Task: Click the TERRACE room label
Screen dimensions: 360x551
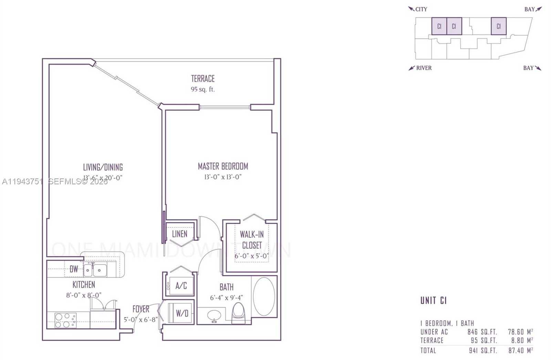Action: [x=203, y=79]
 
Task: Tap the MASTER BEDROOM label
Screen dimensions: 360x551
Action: [x=223, y=167]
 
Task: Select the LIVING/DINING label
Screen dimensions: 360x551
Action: [x=103, y=167]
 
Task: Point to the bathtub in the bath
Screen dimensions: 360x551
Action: [x=264, y=297]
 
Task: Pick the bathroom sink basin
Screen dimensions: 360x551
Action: [x=215, y=315]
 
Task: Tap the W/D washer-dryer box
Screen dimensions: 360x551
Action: [x=182, y=313]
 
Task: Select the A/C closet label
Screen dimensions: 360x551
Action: [x=181, y=286]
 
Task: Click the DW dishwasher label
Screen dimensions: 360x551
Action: [x=74, y=269]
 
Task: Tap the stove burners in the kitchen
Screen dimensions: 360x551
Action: [x=65, y=320]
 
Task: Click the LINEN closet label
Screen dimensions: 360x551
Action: [x=179, y=234]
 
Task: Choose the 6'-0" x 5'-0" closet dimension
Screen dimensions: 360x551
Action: [x=252, y=256]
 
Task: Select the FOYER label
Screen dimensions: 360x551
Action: [x=141, y=309]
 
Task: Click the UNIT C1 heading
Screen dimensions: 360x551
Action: [x=433, y=300]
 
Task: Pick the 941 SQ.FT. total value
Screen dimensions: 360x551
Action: [x=483, y=350]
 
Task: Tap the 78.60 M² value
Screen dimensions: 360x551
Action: [x=520, y=332]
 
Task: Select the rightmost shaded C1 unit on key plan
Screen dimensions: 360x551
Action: [x=498, y=26]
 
